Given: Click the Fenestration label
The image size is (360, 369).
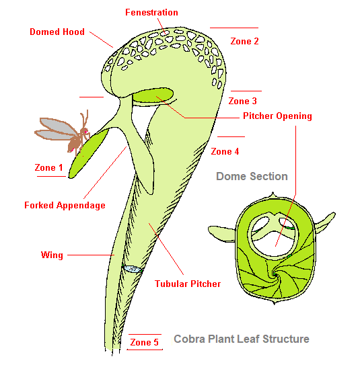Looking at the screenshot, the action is [x=151, y=13].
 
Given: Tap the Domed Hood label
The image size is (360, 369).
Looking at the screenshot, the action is [x=57, y=32].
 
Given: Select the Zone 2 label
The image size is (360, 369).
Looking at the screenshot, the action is [x=244, y=41].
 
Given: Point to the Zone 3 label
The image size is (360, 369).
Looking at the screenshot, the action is [x=242, y=101].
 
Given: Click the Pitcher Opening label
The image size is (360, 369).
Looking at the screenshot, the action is [x=277, y=116].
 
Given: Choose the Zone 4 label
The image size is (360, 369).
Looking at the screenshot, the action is [x=225, y=151].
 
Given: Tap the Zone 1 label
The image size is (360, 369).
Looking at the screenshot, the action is [x=48, y=167].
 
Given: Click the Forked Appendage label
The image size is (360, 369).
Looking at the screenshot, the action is [x=65, y=206].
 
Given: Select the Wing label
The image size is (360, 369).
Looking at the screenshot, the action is [x=52, y=255].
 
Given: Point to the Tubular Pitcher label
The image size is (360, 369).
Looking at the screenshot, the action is [x=188, y=284].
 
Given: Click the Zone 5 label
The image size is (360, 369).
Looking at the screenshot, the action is [x=144, y=342].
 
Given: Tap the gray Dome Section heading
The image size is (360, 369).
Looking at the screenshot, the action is [x=252, y=176].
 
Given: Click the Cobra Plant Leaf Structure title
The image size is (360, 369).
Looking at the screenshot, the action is [x=242, y=339].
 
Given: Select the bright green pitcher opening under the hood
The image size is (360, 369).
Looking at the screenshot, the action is [x=153, y=95].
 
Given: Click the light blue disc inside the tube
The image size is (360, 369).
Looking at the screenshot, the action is [x=133, y=269].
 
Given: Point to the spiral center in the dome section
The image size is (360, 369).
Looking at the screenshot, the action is [x=275, y=274].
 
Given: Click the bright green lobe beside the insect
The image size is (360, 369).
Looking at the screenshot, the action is [x=88, y=153].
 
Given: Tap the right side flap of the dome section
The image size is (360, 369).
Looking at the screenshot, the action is [x=325, y=221].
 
